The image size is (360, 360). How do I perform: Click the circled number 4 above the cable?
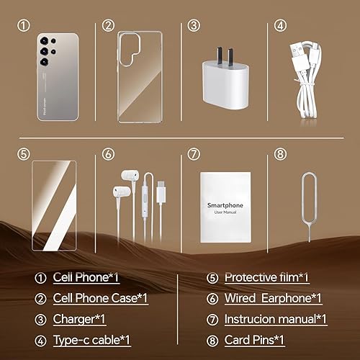[x=279, y=25]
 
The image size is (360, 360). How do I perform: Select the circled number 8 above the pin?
[x=279, y=153]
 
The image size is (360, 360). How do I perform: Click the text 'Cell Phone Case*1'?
[x=101, y=298]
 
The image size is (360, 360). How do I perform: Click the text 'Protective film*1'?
[x=266, y=277]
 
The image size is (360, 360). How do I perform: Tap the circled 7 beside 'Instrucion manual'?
[x=212, y=318]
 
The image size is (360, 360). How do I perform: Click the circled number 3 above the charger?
[x=194, y=25]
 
